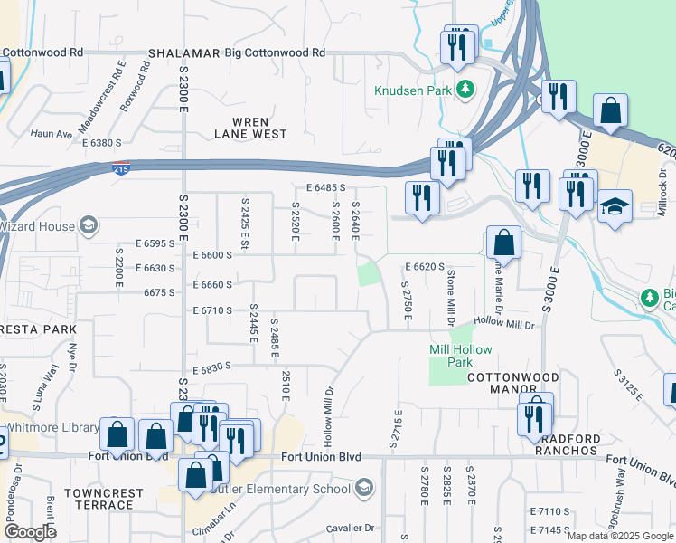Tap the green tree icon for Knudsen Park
tap(465, 89)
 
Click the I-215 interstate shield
tap(120, 168)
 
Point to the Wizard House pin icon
tap(89, 224)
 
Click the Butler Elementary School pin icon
tap(362, 490)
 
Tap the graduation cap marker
tap(615, 207)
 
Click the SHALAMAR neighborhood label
tap(184, 53)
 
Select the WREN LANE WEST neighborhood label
tap(250, 128)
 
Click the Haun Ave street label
tap(51, 134)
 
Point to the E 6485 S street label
tap(325, 187)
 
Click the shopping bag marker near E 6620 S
tap(504, 243)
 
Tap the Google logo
tap(29, 532)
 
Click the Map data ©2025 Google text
tap(620, 536)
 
